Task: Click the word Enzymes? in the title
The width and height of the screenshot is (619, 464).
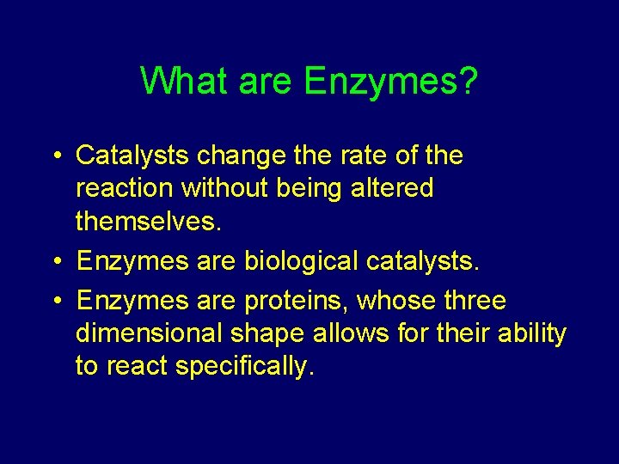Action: (x=391, y=82)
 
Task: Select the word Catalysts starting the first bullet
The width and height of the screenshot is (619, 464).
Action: (x=132, y=156)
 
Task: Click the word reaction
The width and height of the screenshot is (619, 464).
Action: (x=122, y=187)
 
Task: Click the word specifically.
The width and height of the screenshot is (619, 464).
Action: (x=245, y=366)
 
